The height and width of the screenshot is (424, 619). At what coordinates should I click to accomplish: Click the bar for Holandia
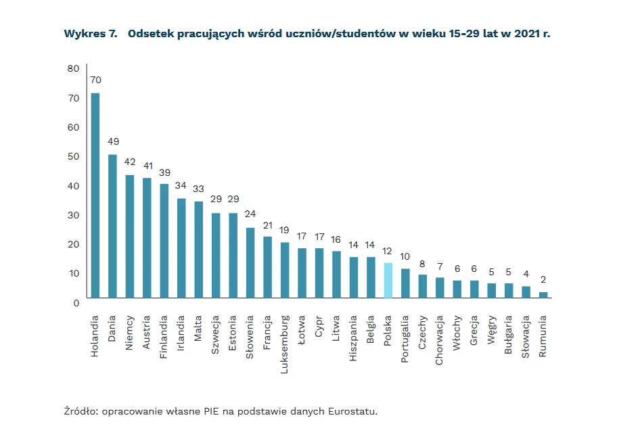point(95,195)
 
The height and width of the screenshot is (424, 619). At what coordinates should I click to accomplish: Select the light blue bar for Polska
point(388,280)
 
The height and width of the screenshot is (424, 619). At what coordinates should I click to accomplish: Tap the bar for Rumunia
point(543,294)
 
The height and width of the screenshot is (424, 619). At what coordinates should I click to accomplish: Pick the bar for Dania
point(112,226)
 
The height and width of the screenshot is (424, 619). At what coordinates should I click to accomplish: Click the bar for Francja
point(267,266)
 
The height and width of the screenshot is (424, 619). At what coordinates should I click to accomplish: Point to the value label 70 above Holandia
point(95,80)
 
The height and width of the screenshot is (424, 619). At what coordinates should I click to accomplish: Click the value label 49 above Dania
point(112,141)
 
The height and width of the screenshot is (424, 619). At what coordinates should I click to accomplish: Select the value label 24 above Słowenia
point(250,214)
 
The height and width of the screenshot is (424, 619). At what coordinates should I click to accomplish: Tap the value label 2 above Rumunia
point(543,279)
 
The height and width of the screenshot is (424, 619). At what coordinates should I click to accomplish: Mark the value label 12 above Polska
point(388,250)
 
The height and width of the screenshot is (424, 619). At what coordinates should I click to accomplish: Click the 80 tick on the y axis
point(73,68)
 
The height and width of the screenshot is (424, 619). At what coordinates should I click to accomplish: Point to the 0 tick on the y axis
point(76,302)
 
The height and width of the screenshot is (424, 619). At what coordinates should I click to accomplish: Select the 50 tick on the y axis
point(73,156)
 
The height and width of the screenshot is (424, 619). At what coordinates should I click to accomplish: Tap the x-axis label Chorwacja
point(440,339)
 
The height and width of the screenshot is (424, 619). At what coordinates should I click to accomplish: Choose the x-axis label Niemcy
point(130,330)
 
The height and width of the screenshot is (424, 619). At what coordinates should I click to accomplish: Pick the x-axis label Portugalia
point(405,339)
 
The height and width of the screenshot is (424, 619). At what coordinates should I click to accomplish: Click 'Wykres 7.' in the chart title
point(91,33)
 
